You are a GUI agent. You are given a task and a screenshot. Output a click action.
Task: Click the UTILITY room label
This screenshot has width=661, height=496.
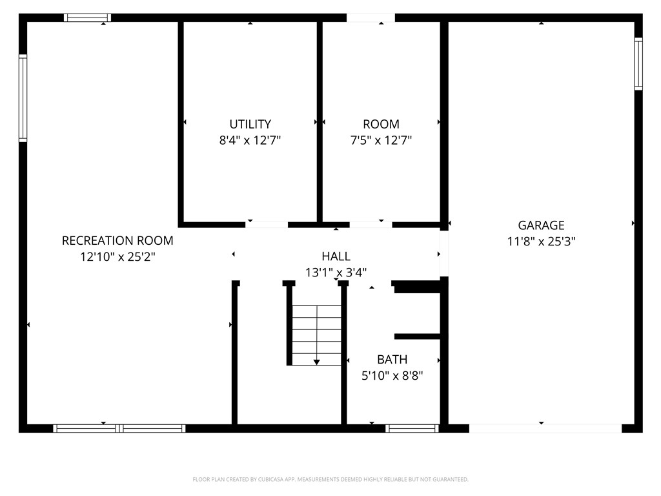250,124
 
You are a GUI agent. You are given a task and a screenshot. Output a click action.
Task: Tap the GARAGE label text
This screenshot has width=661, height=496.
541,225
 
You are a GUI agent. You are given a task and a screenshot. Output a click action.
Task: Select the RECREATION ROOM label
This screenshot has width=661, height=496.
117,240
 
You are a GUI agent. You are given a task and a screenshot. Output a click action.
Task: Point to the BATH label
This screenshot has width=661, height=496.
392,359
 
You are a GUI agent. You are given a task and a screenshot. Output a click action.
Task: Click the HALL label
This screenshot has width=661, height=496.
336,256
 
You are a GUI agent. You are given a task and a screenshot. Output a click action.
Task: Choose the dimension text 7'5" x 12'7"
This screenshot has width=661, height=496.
381,140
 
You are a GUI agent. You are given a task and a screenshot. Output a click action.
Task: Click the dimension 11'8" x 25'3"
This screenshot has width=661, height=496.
541,242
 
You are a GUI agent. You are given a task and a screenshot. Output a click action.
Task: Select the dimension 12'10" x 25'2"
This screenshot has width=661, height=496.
117,256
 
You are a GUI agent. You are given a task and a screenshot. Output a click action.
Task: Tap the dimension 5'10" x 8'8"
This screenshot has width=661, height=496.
392,375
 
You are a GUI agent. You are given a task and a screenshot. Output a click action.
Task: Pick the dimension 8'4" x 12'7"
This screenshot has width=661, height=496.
250,140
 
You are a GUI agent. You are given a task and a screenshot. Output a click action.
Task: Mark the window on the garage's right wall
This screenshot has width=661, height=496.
638,64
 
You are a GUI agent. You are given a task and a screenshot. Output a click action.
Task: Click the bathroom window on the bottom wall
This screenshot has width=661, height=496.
412,429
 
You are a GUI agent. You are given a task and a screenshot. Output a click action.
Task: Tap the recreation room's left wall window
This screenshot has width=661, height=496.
23,98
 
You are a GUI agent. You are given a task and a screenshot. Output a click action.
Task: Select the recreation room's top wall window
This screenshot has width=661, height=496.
88,17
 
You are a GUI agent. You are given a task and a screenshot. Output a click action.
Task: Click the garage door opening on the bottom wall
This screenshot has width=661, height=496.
545,429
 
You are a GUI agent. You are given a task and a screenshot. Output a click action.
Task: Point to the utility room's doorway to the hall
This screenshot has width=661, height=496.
267,225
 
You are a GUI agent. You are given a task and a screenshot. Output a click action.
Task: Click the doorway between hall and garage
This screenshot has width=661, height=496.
444,253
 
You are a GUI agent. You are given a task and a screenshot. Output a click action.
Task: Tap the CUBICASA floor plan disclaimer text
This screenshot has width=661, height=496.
330,480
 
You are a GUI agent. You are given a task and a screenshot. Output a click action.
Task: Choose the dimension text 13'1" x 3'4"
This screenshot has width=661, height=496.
336,273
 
